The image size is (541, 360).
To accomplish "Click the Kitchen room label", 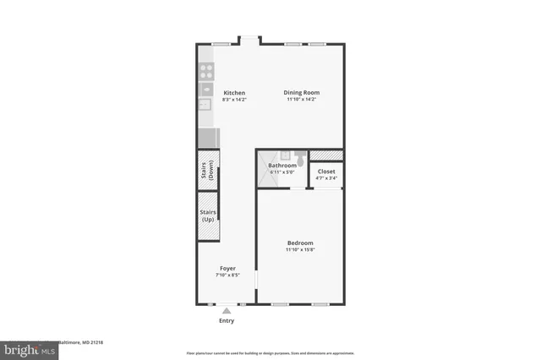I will point(234,93).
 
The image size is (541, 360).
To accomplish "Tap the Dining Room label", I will point(302,93).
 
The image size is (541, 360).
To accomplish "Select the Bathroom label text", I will point(282,166).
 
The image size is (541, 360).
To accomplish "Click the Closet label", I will point(326,172).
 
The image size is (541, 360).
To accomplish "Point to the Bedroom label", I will point(300,243).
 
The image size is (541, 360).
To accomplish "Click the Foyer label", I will point(227,268).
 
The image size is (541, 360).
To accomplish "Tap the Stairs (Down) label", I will point(206,171).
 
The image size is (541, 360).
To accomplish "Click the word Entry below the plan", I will point(227,321).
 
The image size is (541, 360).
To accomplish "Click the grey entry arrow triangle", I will point(227,311).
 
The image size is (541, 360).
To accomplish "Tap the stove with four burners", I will point(205,71).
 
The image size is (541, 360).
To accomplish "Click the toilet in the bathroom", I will point(286,155).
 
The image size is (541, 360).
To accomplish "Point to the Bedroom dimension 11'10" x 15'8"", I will point(300,250).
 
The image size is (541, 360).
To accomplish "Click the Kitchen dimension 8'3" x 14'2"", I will point(234,100).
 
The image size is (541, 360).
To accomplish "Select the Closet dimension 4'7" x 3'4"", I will point(326,178).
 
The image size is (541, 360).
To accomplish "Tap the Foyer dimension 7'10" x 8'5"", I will point(227,275).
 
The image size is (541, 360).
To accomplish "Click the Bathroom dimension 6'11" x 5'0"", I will point(282,172).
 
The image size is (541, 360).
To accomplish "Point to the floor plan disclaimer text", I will point(270,353).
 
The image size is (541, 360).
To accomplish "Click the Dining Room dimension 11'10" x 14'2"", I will point(302,100).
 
